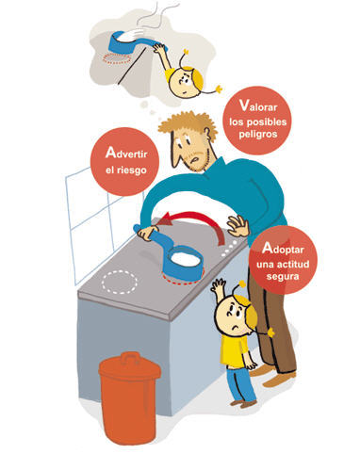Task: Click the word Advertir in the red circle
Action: [x=126, y=153]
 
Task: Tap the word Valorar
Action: [x=258, y=105]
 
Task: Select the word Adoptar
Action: [x=283, y=249]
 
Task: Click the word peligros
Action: [x=258, y=135]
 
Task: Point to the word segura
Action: [x=283, y=277]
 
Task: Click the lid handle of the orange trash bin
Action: [x=130, y=357]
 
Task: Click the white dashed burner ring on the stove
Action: [x=120, y=283]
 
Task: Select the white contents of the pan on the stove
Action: [x=186, y=259]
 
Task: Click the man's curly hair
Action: [x=188, y=124]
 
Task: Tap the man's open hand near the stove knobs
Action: [x=238, y=226]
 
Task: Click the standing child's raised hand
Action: [x=219, y=286]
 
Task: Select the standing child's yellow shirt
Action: [x=234, y=350]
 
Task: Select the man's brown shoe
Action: [x=278, y=381]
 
